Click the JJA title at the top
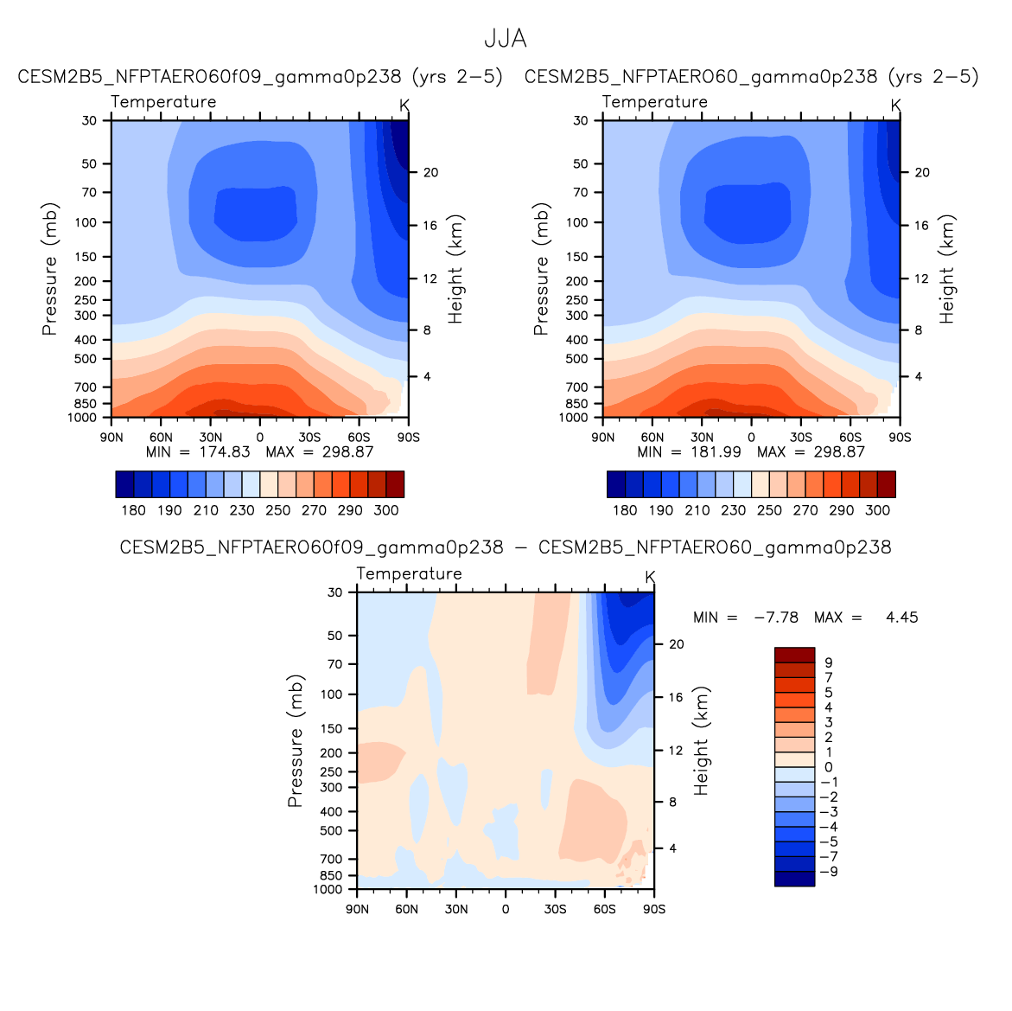[505, 39]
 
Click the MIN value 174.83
[223, 451]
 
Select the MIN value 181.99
[715, 451]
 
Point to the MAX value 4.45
[901, 617]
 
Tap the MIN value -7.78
[775, 617]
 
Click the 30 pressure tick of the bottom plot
[335, 592]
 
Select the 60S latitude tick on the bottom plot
[604, 909]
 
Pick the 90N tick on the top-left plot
[111, 437]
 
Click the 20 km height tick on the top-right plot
[922, 173]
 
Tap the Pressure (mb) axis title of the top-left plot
[49, 269]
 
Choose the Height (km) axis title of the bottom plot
[701, 741]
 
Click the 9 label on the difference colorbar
[829, 662]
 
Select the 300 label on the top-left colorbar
[386, 510]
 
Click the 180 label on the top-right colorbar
[625, 510]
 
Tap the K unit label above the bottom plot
[650, 577]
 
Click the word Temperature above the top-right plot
[654, 102]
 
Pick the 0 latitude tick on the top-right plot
[751, 437]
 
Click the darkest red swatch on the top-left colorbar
[395, 484]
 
